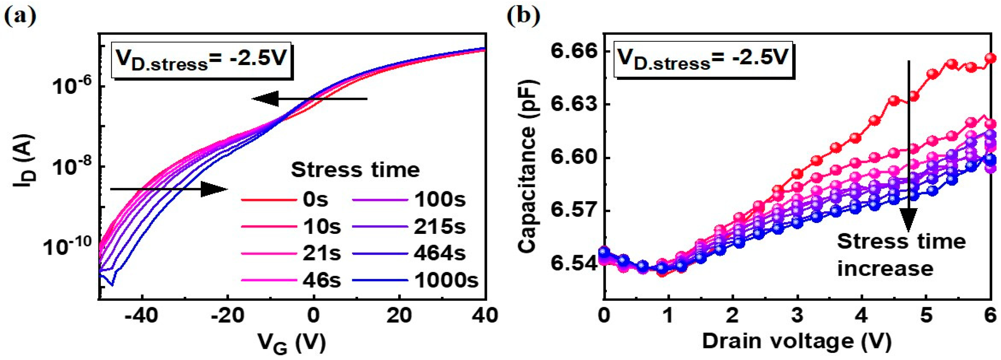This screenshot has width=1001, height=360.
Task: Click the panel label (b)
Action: click(524, 16)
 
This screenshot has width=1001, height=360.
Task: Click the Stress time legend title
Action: click(355, 170)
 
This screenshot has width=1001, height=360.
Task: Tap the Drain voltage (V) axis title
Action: click(797, 342)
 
